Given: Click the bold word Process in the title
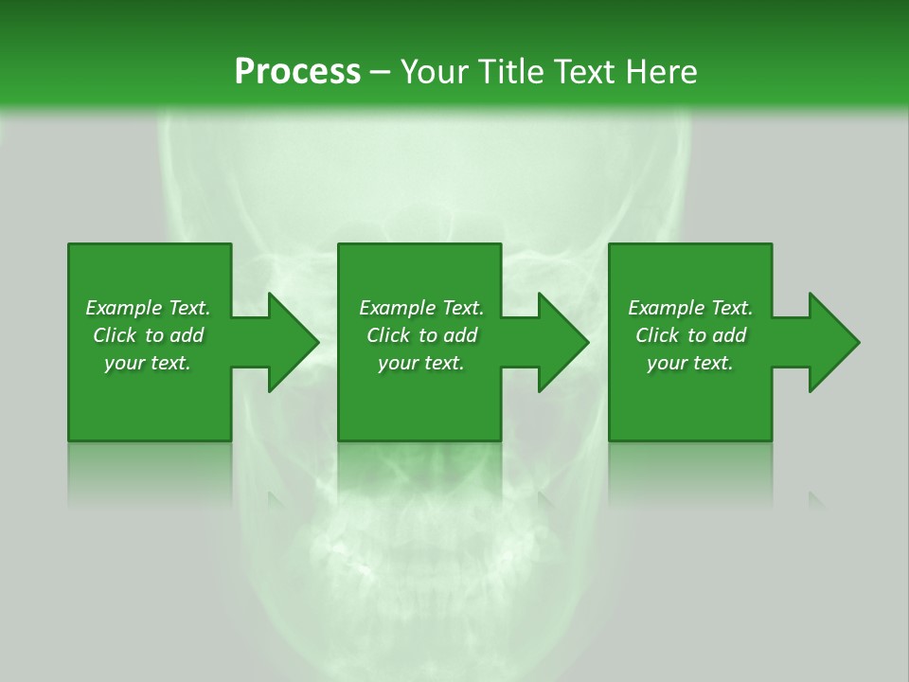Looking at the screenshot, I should (297, 72).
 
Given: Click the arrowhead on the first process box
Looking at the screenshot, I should (293, 342).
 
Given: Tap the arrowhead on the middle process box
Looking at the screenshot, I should (562, 342).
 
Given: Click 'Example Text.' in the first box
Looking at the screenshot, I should (148, 308).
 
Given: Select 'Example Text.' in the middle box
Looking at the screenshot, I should (421, 308).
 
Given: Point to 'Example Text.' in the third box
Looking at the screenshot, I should (690, 308).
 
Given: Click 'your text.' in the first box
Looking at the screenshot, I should (148, 363).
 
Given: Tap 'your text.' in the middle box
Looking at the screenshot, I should (421, 363).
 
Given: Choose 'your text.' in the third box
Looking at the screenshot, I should (690, 363).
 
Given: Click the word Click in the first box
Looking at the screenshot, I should (116, 335).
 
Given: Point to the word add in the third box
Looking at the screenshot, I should (729, 335).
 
